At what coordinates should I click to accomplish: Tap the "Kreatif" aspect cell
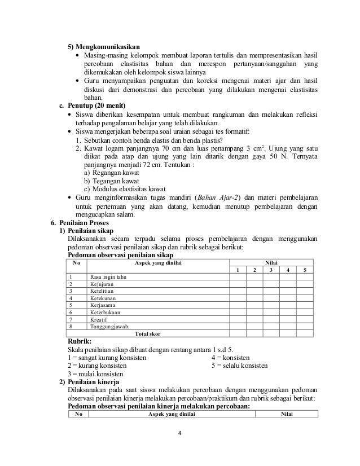(x=99, y=319)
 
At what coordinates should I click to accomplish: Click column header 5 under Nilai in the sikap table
(x=305, y=270)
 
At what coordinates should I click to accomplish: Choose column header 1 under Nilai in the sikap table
(x=238, y=270)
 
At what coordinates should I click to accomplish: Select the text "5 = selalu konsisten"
(x=240, y=366)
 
